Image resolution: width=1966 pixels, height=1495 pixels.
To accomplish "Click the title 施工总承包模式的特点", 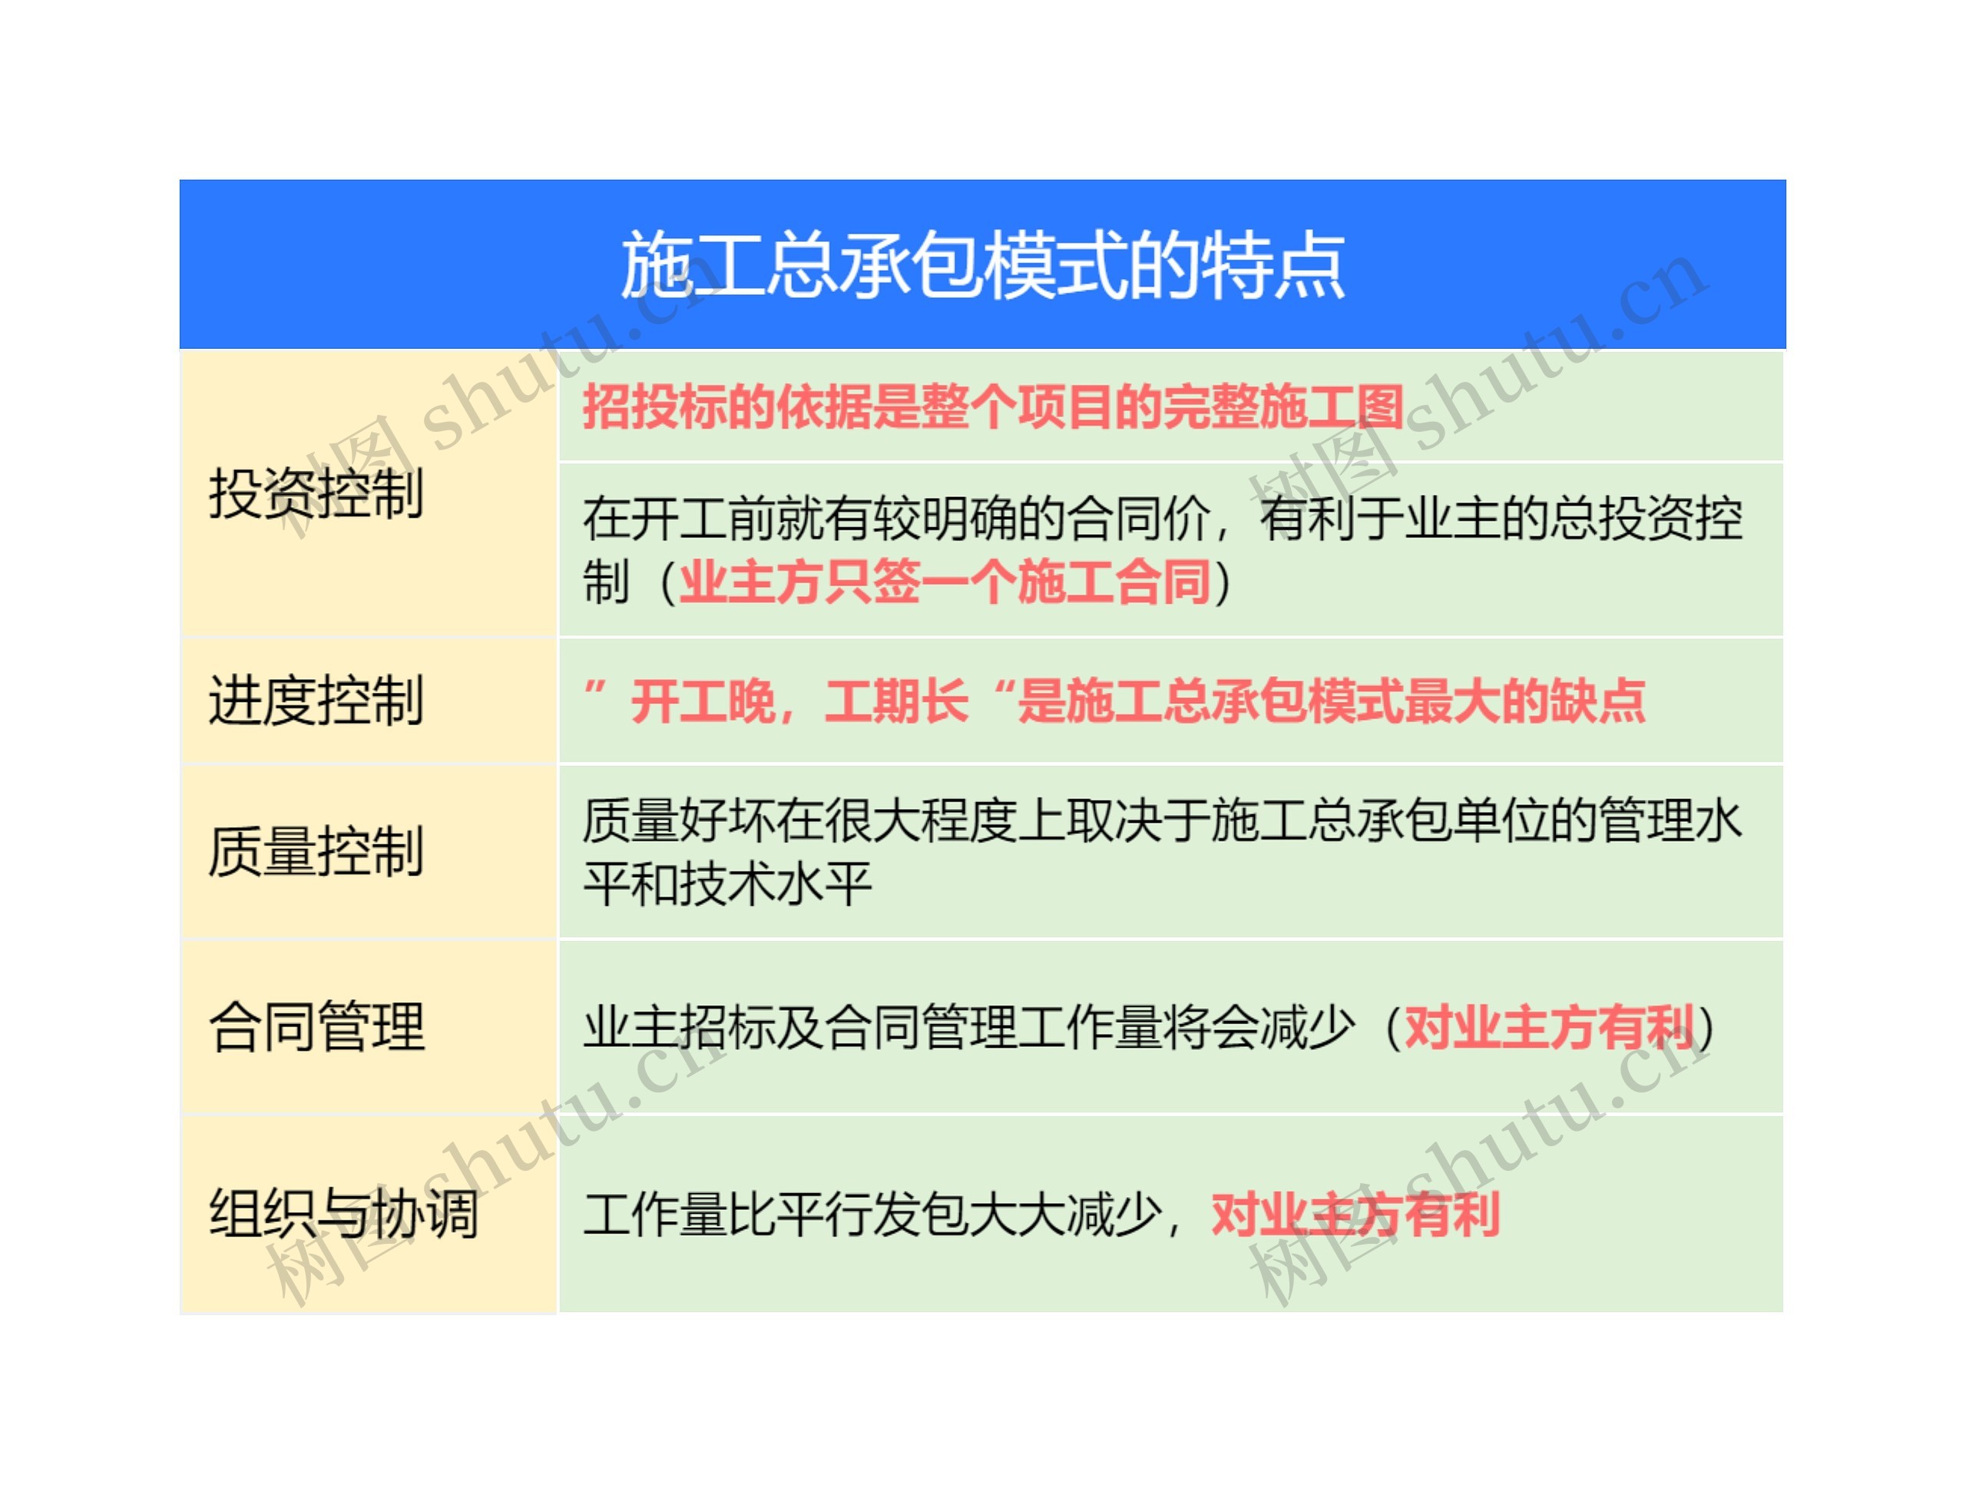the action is click(982, 264).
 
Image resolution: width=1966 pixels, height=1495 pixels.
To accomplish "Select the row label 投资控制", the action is click(316, 493).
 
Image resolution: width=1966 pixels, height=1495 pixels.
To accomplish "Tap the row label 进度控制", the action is click(316, 701).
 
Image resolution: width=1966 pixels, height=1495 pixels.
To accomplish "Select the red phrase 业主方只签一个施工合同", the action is click(945, 582).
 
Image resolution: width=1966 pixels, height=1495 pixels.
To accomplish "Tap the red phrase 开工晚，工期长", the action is click(799, 701).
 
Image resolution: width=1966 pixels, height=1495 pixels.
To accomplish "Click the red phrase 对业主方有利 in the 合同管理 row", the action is click(1549, 1027).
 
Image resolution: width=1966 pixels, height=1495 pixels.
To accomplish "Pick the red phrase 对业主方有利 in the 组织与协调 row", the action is click(1355, 1214).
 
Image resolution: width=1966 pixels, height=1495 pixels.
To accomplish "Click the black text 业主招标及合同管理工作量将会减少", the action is click(968, 1027).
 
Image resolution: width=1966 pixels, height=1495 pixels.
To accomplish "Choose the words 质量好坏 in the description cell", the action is click(679, 820).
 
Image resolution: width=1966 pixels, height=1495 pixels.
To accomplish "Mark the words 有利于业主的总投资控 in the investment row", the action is click(1501, 519).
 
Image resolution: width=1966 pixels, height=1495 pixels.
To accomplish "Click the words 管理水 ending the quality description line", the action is click(1670, 820).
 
